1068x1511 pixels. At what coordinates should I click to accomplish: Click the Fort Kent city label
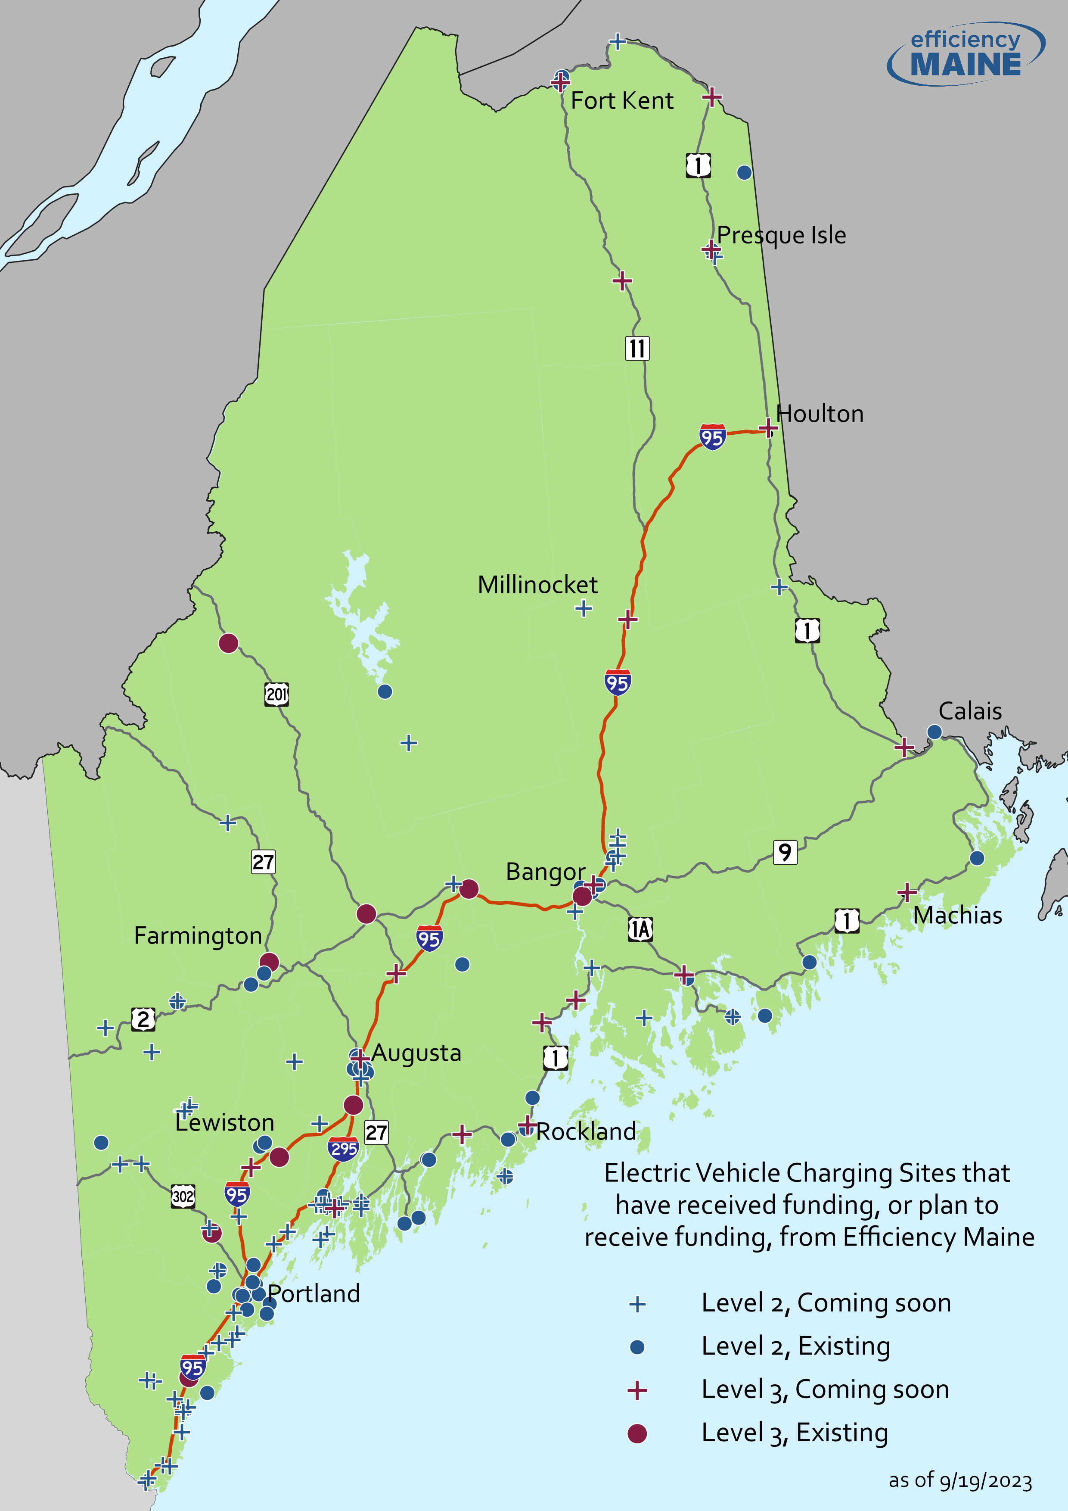pyautogui.click(x=621, y=101)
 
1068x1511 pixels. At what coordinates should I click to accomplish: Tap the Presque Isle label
pyautogui.click(x=781, y=235)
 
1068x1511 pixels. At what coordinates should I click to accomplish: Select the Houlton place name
pyautogui.click(x=820, y=414)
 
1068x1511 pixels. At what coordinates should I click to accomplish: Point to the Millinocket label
pyautogui.click(x=537, y=584)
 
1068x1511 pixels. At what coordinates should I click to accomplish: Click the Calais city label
pyautogui.click(x=969, y=711)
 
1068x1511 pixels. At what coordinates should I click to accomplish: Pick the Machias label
pyautogui.click(x=957, y=916)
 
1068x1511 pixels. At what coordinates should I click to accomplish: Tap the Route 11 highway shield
pyautogui.click(x=636, y=348)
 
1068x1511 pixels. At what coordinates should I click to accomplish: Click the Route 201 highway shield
pyautogui.click(x=276, y=694)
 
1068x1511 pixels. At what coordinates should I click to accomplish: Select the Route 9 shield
pyautogui.click(x=785, y=852)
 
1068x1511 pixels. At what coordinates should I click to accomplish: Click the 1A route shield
pyautogui.click(x=640, y=929)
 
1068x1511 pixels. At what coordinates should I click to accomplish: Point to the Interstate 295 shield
pyautogui.click(x=343, y=1149)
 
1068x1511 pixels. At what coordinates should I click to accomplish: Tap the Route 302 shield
pyautogui.click(x=183, y=1196)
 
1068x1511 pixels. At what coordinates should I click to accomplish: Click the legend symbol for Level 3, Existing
pyautogui.click(x=636, y=1433)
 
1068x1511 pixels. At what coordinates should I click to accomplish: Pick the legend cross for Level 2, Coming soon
pyautogui.click(x=636, y=1304)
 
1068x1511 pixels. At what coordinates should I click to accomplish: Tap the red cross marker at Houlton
pyautogui.click(x=767, y=428)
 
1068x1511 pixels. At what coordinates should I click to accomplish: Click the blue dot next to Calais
pyautogui.click(x=934, y=732)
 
